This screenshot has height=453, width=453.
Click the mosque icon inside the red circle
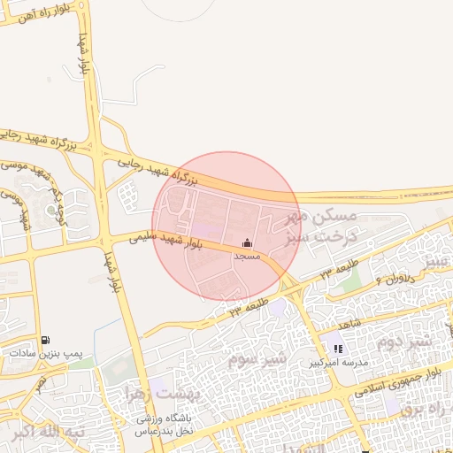247,242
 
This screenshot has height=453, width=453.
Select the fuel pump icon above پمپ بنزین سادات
45,340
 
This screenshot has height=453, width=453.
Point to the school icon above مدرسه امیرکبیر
338,349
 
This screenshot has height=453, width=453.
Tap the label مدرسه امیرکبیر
337,363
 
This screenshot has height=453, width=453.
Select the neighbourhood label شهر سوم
257,359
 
